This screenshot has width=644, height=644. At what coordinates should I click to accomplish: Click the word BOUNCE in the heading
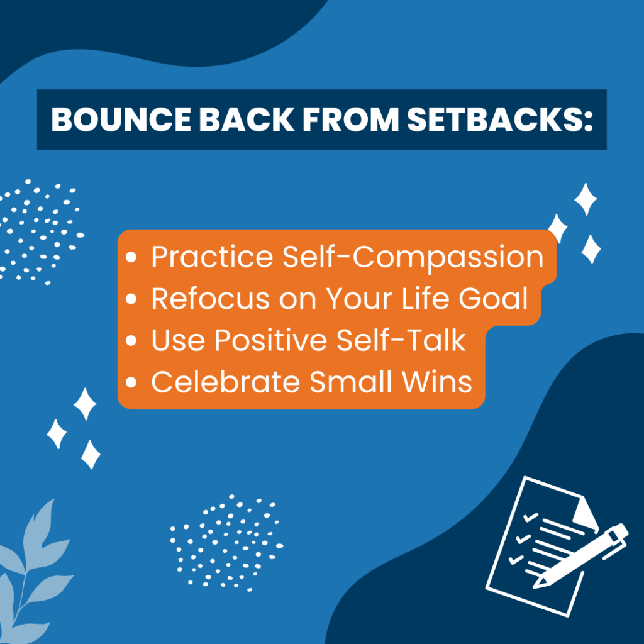(x=121, y=119)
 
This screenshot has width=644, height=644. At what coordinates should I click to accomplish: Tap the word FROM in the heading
(x=350, y=119)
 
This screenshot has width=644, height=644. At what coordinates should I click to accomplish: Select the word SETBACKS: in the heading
(x=500, y=119)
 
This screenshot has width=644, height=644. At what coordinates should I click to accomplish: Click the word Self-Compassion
(x=413, y=257)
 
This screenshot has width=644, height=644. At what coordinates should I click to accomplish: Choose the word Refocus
(x=210, y=298)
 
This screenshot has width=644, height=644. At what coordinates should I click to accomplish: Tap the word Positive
(x=270, y=340)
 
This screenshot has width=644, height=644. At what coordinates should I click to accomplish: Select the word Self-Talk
(x=401, y=340)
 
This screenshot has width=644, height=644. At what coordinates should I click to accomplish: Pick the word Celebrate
(x=226, y=382)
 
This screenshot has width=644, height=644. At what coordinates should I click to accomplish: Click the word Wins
(x=437, y=382)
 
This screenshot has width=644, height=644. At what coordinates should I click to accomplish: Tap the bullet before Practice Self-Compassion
(x=131, y=257)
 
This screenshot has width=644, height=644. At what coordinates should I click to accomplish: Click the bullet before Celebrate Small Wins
(x=131, y=382)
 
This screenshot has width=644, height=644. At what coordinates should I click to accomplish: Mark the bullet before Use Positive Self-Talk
(x=131, y=340)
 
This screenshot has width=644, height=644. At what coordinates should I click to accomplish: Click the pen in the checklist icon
(x=580, y=556)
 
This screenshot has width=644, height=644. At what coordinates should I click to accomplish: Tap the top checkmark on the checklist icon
(x=530, y=517)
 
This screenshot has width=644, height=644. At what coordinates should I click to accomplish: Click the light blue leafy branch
(x=31, y=575)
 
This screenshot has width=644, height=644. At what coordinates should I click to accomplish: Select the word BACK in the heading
(x=247, y=119)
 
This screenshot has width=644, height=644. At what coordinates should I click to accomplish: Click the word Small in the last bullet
(x=351, y=382)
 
